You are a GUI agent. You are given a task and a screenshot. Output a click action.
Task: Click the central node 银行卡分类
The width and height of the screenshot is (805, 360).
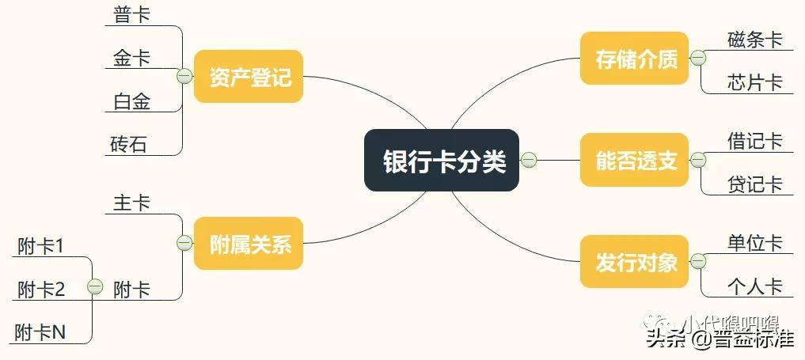442,161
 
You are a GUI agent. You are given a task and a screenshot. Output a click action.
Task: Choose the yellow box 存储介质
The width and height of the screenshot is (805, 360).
635,58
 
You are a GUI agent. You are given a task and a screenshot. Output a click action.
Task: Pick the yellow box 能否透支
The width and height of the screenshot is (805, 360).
635,161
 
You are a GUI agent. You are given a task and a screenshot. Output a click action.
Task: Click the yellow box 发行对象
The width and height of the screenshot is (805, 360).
635,261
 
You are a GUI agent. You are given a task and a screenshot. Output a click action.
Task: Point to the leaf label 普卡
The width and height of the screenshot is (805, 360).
131,15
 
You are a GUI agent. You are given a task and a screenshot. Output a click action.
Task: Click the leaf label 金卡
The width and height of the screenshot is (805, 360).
131,58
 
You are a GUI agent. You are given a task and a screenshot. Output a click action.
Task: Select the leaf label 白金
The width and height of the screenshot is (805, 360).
131,101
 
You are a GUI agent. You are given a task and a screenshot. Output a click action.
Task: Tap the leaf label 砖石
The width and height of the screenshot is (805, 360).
129,145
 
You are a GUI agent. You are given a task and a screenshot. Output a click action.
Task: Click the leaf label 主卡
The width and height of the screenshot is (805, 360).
131,203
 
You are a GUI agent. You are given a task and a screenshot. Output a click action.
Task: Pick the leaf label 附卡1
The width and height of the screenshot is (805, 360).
40,247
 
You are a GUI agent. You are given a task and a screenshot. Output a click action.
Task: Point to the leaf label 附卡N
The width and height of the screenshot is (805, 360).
40,333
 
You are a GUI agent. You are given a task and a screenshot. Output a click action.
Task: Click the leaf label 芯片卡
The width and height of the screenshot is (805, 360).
754,82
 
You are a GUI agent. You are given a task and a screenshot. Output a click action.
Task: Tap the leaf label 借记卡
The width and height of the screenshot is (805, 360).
754,141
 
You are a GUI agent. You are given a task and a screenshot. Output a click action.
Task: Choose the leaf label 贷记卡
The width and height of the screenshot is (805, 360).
754,184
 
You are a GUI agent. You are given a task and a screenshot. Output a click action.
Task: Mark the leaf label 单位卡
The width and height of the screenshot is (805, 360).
754,242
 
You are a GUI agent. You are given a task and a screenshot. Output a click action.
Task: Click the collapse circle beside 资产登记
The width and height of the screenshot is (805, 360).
184,77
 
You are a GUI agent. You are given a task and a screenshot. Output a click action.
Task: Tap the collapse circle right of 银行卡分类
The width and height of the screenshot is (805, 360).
529,161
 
